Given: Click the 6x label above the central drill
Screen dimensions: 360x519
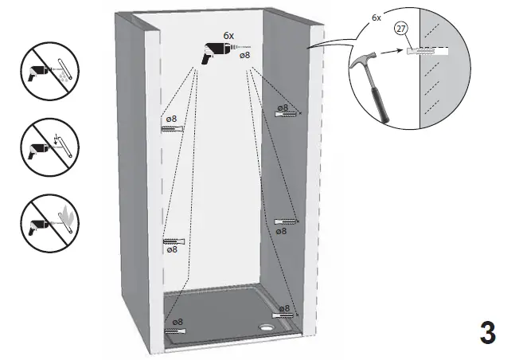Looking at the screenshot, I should (x=228, y=36).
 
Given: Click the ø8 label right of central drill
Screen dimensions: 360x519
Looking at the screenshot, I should (x=244, y=55).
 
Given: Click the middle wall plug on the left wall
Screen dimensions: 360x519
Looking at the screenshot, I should (x=174, y=241).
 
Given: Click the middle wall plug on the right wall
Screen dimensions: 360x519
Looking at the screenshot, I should (x=285, y=221).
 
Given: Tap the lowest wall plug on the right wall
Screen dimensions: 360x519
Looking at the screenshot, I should (x=285, y=315).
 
